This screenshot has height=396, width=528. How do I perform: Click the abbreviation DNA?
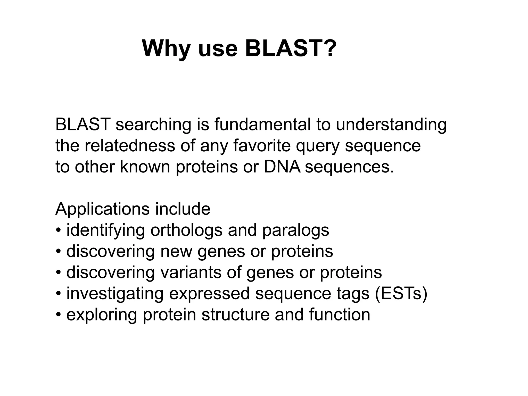tap(282, 167)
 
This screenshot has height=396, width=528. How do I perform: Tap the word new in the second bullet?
tap(176, 252)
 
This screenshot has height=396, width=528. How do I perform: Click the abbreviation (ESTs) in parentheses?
tap(401, 294)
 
